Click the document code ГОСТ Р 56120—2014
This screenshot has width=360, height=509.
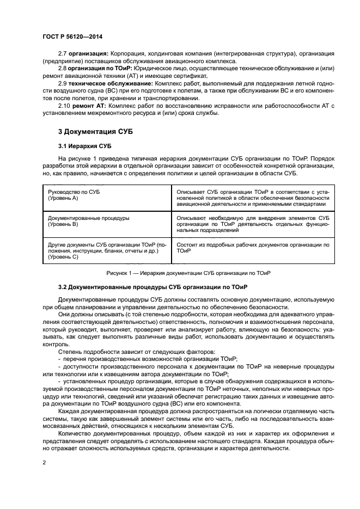pos(72,36)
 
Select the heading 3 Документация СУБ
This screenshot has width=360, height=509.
pos(95,132)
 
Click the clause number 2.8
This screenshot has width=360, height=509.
pos(63,69)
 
